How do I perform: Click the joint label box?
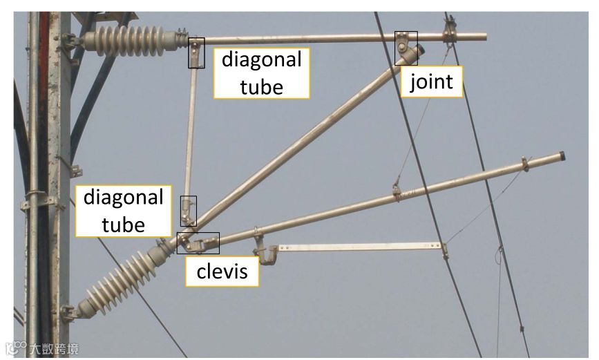[431, 82]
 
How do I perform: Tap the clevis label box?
[222, 272]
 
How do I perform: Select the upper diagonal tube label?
[261, 73]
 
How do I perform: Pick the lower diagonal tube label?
[124, 210]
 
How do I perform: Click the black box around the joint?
[406, 48]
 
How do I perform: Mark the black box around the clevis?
[198, 243]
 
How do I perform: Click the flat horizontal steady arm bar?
[359, 247]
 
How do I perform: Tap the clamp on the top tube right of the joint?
[450, 31]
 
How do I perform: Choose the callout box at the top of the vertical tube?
[197, 53]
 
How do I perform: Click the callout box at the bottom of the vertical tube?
[188, 211]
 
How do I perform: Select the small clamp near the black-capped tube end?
[525, 164]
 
